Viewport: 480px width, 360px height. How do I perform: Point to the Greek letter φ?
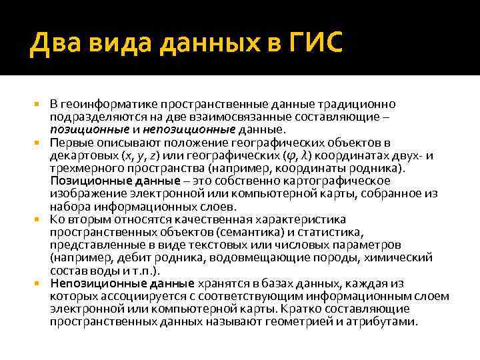tap(289, 156)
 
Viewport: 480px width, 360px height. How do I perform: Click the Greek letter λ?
tap(304, 155)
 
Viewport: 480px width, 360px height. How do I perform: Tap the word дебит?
tap(145, 257)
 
